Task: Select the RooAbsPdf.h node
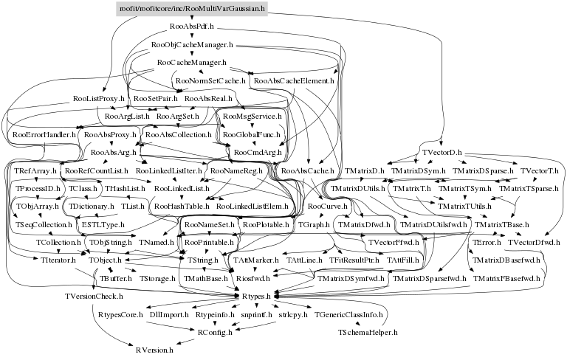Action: point(191,27)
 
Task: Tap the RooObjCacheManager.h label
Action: point(191,46)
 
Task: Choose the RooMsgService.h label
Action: point(252,117)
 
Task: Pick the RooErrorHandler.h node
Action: point(44,135)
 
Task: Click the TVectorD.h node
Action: point(441,152)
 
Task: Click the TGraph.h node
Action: point(313,224)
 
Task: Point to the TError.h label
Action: point(485,242)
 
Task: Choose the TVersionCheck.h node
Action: point(93,297)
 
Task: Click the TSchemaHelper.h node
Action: point(368,333)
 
